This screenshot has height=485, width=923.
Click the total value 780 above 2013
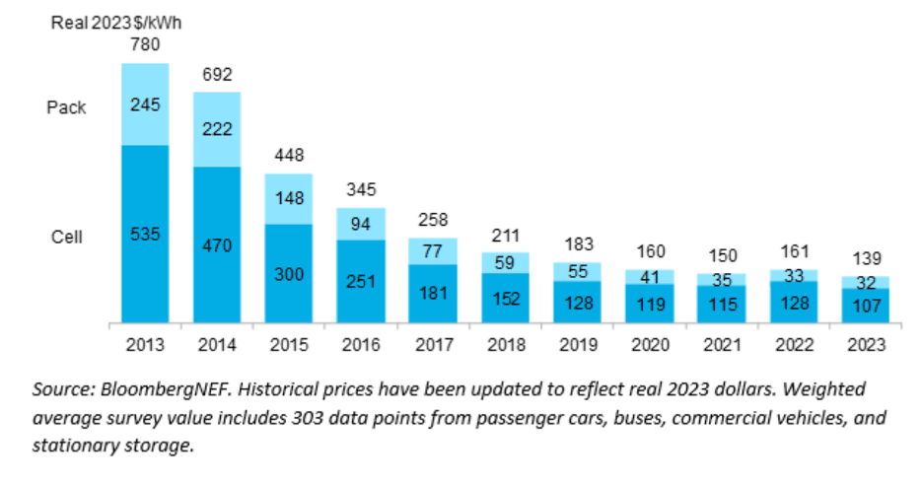[x=145, y=44]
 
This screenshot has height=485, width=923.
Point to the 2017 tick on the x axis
[x=433, y=346]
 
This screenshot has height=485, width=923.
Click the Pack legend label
[x=66, y=107]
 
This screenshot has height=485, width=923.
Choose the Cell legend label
[x=66, y=237]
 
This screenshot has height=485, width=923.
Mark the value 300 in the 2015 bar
[x=289, y=273]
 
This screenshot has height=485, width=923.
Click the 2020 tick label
[x=649, y=346]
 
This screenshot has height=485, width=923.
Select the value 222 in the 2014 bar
[x=217, y=129]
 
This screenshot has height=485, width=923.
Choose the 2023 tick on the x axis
[x=865, y=346]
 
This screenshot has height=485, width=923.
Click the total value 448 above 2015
[x=289, y=155]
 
